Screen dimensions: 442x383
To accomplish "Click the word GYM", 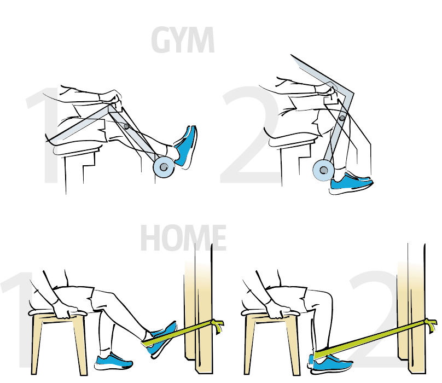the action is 183,40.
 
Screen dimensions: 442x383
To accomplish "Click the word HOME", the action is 183,238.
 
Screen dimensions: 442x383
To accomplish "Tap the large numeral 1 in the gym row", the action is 45,135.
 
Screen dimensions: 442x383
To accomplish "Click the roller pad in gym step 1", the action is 164,167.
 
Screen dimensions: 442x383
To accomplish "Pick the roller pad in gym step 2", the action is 323,170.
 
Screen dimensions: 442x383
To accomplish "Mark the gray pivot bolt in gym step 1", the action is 126,126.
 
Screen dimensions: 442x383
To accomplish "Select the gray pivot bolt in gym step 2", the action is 342,118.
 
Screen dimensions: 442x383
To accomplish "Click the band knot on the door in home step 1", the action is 217,325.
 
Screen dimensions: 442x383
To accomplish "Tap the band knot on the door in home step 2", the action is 431,324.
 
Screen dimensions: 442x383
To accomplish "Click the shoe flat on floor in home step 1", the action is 113,362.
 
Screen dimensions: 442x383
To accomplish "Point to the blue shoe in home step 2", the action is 330,364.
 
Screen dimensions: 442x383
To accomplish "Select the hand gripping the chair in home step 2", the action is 278,310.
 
